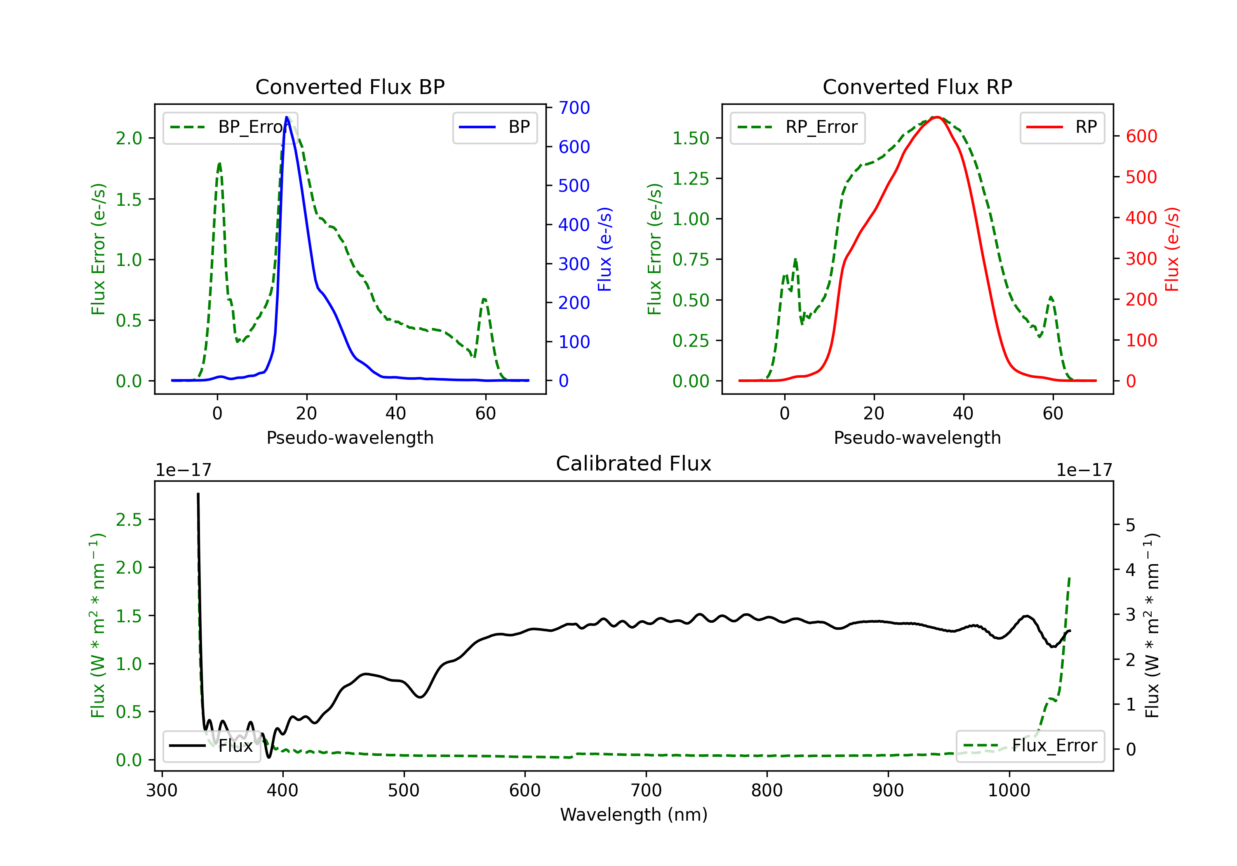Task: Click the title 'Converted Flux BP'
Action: click(x=350, y=87)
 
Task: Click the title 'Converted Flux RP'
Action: click(x=917, y=87)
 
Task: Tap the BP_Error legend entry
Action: click(x=230, y=127)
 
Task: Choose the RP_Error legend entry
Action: click(x=797, y=127)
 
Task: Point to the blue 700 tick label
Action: click(x=574, y=108)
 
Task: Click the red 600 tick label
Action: click(x=1141, y=136)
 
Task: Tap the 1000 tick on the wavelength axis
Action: click(x=1009, y=791)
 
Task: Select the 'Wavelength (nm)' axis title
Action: click(x=634, y=814)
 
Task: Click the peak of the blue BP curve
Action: click(x=287, y=117)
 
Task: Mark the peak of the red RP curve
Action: click(x=937, y=117)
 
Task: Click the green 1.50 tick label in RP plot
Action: click(x=690, y=139)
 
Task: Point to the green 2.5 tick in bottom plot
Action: click(x=129, y=520)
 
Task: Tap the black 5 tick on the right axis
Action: click(x=1130, y=525)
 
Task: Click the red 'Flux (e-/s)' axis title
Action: click(x=1172, y=249)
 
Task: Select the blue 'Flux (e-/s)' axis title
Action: click(x=604, y=249)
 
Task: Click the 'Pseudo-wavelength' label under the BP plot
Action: click(x=350, y=438)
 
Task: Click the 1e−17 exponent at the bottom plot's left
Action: click(x=183, y=470)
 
